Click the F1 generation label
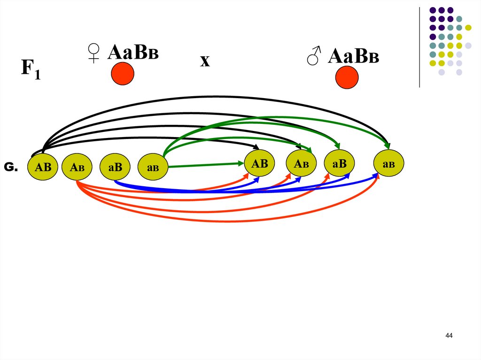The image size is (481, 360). [x=31, y=70]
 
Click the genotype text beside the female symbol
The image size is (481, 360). [x=133, y=53]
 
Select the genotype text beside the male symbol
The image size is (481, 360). [x=353, y=56]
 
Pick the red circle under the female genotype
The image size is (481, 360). [x=123, y=74]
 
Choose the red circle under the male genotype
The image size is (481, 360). [x=347, y=77]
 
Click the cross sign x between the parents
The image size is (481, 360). [x=204, y=61]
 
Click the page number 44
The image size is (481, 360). [x=449, y=336]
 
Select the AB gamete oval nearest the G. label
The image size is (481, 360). [x=43, y=167]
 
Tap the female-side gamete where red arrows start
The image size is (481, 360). [x=77, y=167]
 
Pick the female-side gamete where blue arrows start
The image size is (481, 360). [x=115, y=167]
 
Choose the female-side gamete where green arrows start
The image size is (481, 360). [x=153, y=167]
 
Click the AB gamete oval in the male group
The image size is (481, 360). [x=259, y=164]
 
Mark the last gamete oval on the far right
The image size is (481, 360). [x=388, y=164]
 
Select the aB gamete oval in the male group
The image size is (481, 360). [x=339, y=164]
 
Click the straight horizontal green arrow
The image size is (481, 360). [x=207, y=165]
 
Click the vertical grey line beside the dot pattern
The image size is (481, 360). [x=419, y=47]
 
